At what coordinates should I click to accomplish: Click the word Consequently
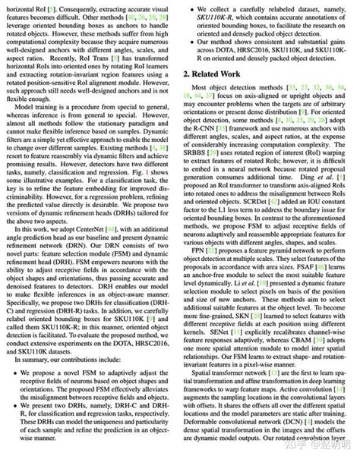coord(66,5)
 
